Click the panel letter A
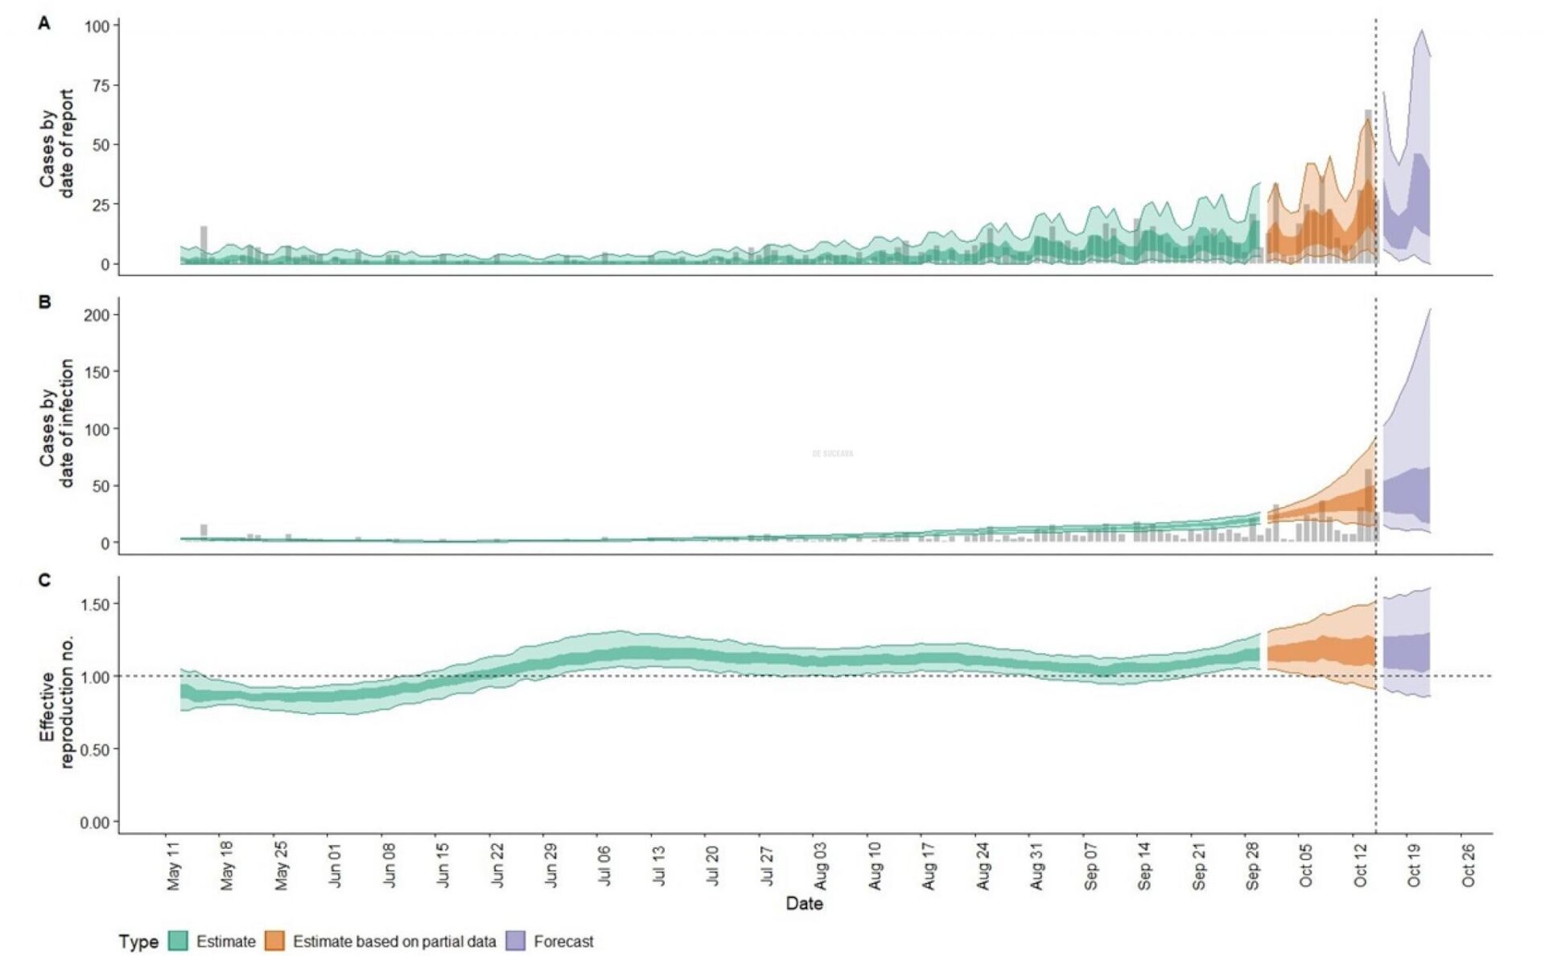(x=44, y=24)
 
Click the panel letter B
(x=44, y=302)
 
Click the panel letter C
(x=44, y=580)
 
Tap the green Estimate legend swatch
(x=178, y=941)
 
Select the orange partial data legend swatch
(x=275, y=941)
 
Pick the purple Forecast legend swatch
(x=516, y=941)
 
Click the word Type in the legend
(x=138, y=942)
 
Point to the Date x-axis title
(x=804, y=903)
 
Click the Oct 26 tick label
(x=1469, y=865)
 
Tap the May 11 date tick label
(x=174, y=865)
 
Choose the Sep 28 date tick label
(x=1253, y=865)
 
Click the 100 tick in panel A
(x=97, y=26)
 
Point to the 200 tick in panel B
(x=97, y=315)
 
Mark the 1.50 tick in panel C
(x=95, y=604)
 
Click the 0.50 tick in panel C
(x=95, y=749)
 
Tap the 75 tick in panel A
(x=100, y=85)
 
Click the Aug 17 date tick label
(x=929, y=865)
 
